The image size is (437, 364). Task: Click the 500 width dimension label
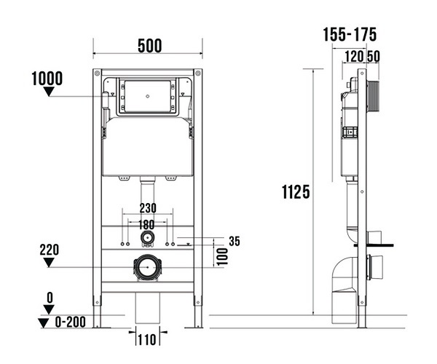point(149,46)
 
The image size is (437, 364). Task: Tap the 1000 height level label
point(47,79)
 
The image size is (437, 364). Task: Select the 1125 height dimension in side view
point(296,192)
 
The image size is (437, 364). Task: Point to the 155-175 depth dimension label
point(350,34)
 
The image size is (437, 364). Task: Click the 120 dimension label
point(354,57)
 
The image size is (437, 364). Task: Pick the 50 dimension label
point(373,57)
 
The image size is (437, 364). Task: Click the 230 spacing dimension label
point(148,208)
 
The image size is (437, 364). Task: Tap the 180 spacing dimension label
point(146,224)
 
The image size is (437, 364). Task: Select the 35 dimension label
point(235,241)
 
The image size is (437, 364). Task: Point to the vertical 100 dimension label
point(222,257)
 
